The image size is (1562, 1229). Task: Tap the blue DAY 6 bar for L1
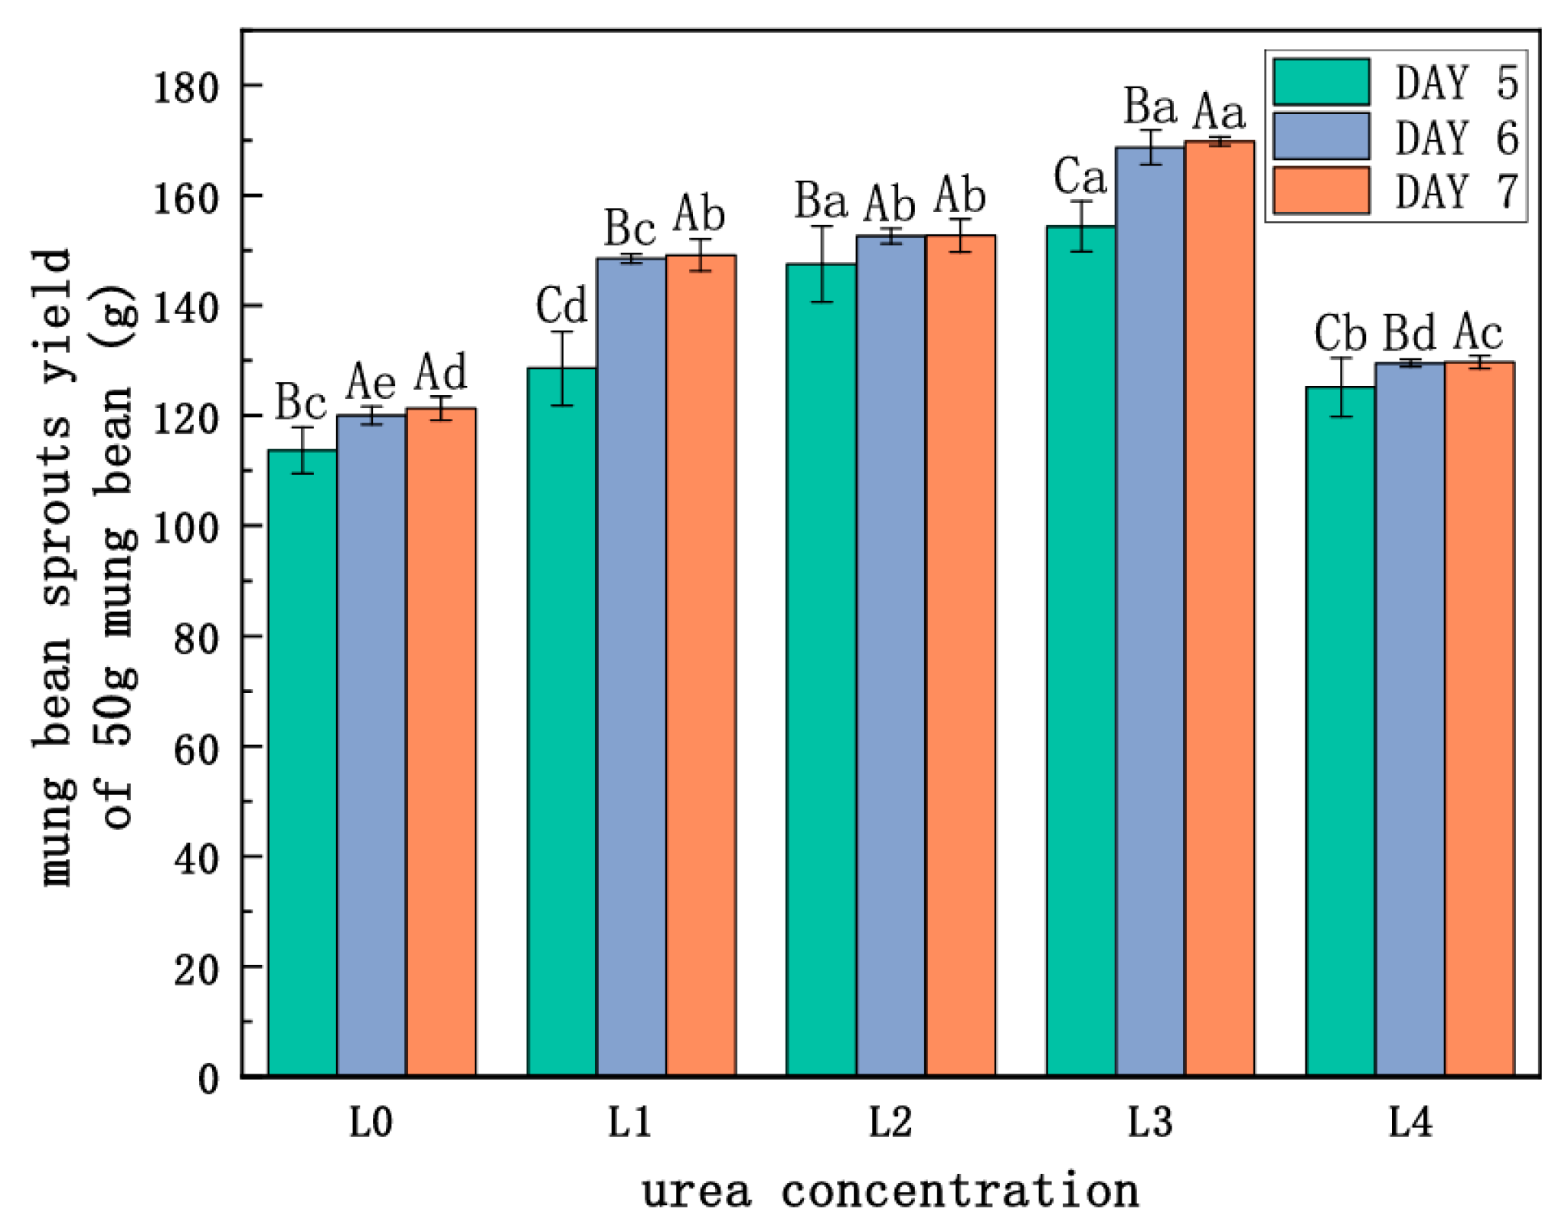[x=631, y=666]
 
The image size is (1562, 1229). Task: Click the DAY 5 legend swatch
[x=1321, y=82]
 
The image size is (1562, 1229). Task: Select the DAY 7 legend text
[x=1456, y=191]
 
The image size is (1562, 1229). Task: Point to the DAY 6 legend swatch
[x=1321, y=136]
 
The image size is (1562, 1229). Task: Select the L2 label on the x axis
[x=890, y=1123]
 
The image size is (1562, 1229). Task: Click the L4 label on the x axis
[x=1410, y=1123]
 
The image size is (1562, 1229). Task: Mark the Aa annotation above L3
[x=1219, y=112]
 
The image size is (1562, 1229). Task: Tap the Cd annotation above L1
[x=561, y=306]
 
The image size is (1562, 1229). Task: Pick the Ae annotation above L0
[x=371, y=381]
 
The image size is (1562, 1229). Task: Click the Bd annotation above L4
[x=1409, y=333]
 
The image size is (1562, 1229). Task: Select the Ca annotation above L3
[x=1080, y=176]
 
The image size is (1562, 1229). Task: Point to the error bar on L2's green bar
[x=822, y=264]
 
